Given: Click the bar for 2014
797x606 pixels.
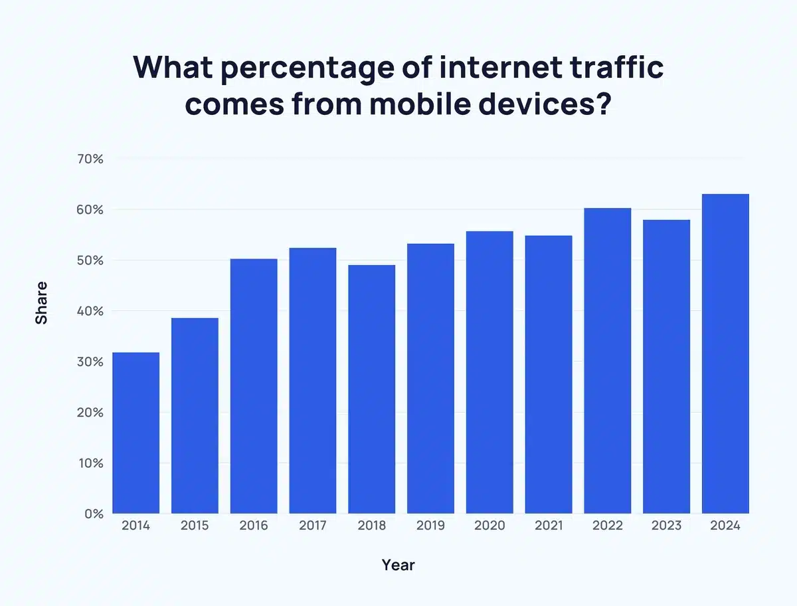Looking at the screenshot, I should [x=136, y=433].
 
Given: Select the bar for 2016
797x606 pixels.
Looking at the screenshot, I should [x=254, y=386].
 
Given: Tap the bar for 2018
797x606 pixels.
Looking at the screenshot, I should [x=371, y=389].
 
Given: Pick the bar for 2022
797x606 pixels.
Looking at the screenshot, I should [x=607, y=361].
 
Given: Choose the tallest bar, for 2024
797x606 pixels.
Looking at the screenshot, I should [x=725, y=353].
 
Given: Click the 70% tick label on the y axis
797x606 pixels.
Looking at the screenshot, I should [x=89, y=159].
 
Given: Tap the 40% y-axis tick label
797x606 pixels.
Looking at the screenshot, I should [x=89, y=311].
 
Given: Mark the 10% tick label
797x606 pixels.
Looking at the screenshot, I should [x=89, y=462].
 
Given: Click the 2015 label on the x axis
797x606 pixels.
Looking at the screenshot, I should [x=195, y=526].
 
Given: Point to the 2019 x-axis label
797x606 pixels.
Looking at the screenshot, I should [x=430, y=526].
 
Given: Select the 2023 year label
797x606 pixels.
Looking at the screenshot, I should [x=666, y=526].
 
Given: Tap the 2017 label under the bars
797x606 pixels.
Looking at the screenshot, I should [x=313, y=526].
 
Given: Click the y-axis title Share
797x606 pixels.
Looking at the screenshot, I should [x=41, y=303].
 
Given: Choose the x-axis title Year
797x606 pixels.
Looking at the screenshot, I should [x=398, y=565].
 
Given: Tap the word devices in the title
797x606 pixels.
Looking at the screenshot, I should [x=534, y=104].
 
